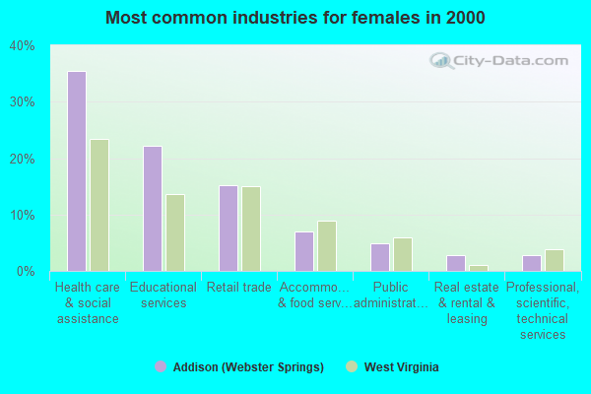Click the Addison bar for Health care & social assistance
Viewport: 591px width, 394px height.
click(77, 171)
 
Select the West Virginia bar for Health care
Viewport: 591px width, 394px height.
click(99, 205)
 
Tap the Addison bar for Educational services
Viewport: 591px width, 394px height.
click(153, 209)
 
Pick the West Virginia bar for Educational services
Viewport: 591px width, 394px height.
click(175, 232)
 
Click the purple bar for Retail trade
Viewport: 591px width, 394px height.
click(229, 229)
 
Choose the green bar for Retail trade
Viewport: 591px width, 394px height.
click(251, 229)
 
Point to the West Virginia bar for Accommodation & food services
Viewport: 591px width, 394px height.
click(327, 246)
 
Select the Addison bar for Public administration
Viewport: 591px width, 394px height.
click(380, 257)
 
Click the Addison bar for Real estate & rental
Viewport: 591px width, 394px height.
click(456, 263)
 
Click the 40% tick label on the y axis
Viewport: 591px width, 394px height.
click(22, 46)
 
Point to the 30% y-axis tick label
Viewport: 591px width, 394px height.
click(22, 102)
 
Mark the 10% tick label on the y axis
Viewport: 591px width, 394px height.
click(22, 215)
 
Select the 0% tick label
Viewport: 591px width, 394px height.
click(26, 271)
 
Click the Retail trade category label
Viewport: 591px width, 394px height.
click(239, 288)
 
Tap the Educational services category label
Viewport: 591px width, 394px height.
click(164, 295)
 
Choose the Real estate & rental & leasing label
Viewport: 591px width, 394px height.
click(467, 303)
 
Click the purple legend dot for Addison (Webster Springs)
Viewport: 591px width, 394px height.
click(161, 366)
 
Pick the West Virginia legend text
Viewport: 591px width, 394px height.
click(402, 367)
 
